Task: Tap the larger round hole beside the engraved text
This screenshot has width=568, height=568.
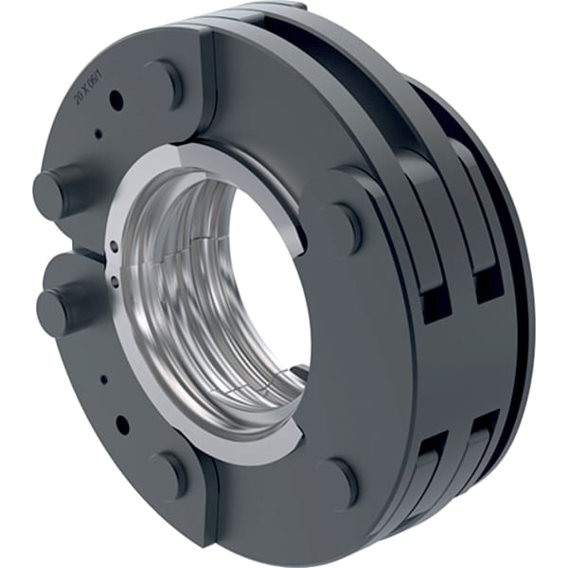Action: pos(115,97)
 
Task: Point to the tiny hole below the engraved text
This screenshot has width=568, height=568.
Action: pos(98,133)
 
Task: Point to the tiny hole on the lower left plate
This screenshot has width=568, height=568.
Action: pos(104,380)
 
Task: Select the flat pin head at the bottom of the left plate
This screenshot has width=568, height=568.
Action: pos(167,472)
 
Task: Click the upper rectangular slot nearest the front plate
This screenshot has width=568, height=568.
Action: pos(436,302)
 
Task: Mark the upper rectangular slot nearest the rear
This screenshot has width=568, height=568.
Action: pos(488,285)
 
